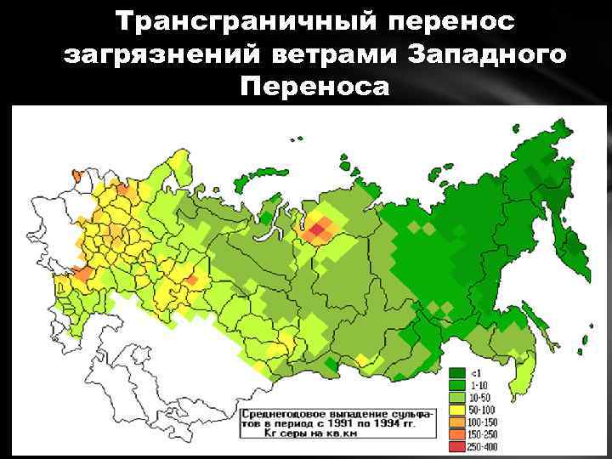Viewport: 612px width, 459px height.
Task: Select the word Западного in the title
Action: click(x=485, y=54)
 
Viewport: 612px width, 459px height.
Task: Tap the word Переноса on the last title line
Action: click(x=315, y=87)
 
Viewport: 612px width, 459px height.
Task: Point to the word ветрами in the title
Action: click(x=335, y=54)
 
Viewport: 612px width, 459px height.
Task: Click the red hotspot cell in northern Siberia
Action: click(x=320, y=229)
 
